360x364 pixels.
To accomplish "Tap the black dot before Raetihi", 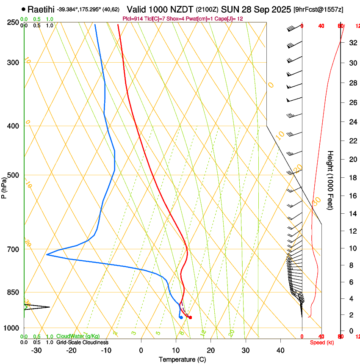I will click(x=23, y=9).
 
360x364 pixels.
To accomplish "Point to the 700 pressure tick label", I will click(x=12, y=249).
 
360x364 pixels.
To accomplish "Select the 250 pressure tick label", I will click(x=12, y=22).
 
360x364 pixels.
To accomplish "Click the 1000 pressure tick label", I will click(x=11, y=328).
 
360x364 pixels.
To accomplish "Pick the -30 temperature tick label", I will click(x=36, y=350).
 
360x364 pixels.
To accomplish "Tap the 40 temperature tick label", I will click(x=280, y=350).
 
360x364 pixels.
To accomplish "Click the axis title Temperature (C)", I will click(x=182, y=359).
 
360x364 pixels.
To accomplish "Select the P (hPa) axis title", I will click(x=4, y=187).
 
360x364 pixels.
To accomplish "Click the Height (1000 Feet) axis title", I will click(x=330, y=180).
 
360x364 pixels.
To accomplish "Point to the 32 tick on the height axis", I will click(x=352, y=43).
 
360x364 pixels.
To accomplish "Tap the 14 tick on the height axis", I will click(x=352, y=214).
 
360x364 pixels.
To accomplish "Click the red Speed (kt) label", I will click(x=321, y=342).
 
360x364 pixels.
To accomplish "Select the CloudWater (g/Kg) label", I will click(x=78, y=336).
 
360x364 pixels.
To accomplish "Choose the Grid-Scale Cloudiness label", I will click(x=82, y=342).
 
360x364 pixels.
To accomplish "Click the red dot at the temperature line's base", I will click(x=190, y=317).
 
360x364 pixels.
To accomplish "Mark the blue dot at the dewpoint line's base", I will click(x=181, y=317).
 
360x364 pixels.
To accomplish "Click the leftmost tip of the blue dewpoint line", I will click(x=47, y=254).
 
